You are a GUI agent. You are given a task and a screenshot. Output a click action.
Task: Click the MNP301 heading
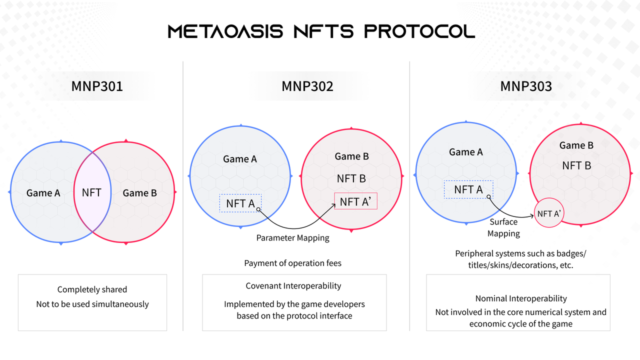tap(97, 86)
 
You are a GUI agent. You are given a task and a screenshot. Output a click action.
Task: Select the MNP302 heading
tap(307, 86)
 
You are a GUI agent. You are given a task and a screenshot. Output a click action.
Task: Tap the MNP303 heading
tap(526, 86)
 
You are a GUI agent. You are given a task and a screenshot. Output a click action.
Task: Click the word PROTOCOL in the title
tap(419, 31)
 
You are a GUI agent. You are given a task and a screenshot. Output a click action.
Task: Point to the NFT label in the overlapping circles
tap(91, 192)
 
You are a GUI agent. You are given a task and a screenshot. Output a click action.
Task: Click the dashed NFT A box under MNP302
tap(240, 203)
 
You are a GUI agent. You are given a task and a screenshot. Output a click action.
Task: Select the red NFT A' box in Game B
tap(356, 201)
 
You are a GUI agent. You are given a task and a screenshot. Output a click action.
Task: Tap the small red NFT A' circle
tap(548, 213)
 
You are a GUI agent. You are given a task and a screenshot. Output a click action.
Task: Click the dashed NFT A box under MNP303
tap(468, 189)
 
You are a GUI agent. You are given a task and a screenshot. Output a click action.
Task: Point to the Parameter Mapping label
tap(293, 237)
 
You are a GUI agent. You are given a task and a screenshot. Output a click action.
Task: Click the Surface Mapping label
tap(503, 227)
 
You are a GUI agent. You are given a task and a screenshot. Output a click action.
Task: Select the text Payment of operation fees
tap(293, 263)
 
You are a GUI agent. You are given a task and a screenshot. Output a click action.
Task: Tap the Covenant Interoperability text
tap(293, 286)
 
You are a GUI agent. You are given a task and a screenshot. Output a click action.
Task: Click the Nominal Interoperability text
tap(521, 298)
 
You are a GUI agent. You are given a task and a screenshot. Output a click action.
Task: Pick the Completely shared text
tap(92, 289)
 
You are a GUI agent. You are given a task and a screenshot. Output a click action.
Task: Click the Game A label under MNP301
tap(43, 193)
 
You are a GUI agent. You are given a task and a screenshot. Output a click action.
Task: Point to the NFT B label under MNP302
tap(351, 178)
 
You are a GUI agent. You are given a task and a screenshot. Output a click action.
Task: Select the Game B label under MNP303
tap(576, 145)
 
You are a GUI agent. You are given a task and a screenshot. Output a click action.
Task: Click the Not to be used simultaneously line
tap(92, 304)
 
